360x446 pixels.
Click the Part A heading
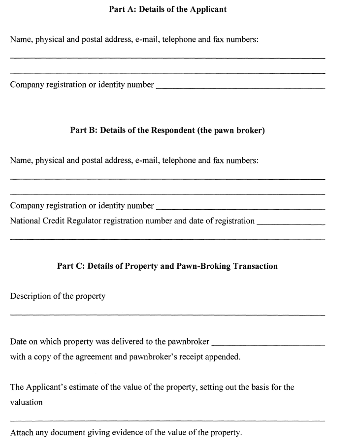[167, 9]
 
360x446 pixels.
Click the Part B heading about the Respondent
[167, 131]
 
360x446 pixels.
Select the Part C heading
[167, 266]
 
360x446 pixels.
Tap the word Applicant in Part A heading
[207, 9]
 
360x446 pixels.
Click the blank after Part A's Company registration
[240, 87]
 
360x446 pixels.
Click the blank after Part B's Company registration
[240, 208]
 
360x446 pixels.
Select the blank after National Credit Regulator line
[291, 223]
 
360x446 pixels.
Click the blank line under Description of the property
[167, 314]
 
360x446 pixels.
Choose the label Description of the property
[58, 296]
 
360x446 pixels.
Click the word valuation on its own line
[26, 402]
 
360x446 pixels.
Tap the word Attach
[22, 433]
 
